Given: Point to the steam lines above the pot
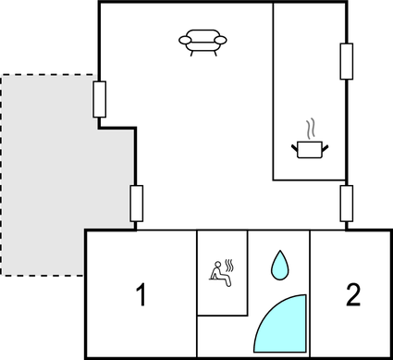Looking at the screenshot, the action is click(310, 126).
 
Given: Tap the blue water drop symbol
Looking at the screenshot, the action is click(278, 266).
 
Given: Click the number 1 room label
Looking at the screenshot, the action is click(141, 297).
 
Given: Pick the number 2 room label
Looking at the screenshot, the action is click(352, 296).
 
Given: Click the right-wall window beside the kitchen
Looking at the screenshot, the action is click(347, 62).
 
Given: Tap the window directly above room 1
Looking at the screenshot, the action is click(137, 203).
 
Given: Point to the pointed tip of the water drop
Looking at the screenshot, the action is click(278, 252).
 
